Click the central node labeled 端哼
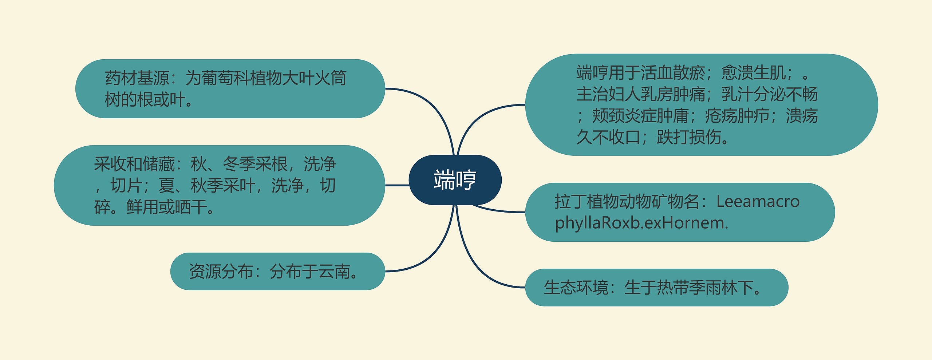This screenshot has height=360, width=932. point(455,180)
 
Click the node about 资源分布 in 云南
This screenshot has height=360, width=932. point(277,272)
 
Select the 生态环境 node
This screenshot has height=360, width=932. point(656,288)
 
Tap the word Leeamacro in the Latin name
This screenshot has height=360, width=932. point(758,201)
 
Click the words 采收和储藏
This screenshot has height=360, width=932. point(134,164)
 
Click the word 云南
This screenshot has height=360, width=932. point(334,272)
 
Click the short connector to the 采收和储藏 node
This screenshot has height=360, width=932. point(397,185)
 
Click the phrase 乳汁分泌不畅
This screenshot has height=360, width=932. point(770,94)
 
